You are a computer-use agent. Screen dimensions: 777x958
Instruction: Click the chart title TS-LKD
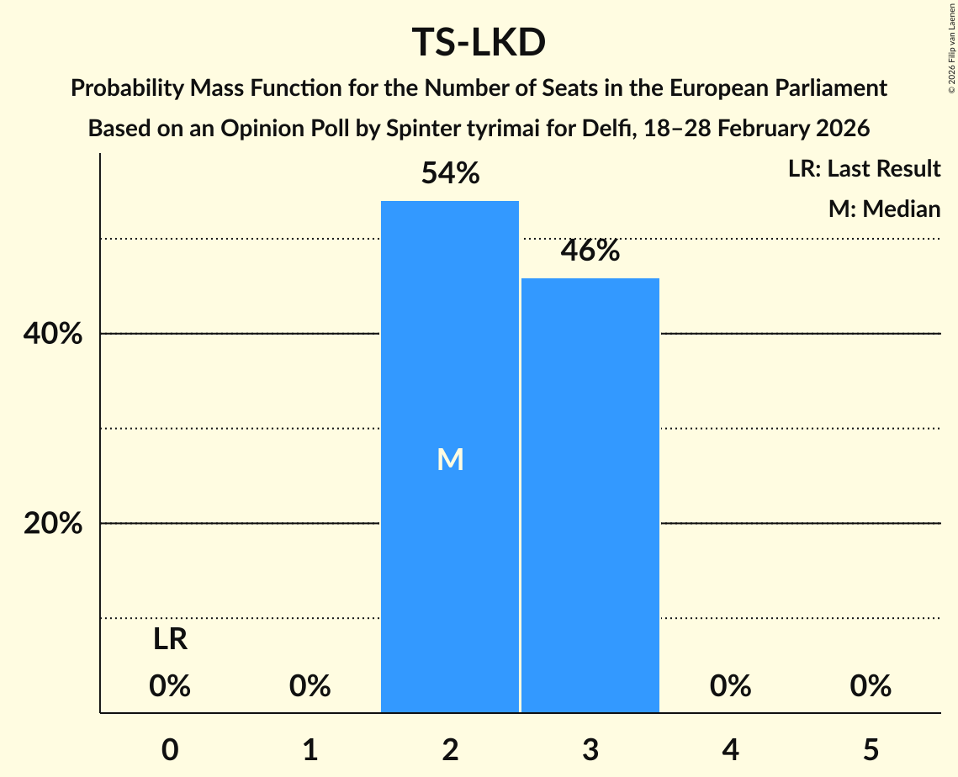[479, 43]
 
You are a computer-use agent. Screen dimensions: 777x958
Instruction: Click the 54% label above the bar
[450, 174]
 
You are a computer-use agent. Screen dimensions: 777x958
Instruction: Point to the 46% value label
[590, 251]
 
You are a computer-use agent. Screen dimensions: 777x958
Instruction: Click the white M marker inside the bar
[450, 460]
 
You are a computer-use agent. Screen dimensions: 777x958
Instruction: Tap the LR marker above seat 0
[170, 641]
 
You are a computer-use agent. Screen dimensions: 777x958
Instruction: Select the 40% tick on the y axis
[52, 334]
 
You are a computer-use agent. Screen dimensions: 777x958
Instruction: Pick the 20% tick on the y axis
[52, 524]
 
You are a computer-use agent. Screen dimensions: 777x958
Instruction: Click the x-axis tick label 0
[170, 749]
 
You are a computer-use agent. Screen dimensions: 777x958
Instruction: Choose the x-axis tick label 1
[310, 749]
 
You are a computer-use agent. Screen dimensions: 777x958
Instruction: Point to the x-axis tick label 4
[729, 749]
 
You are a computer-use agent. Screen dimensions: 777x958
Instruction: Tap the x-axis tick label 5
[870, 749]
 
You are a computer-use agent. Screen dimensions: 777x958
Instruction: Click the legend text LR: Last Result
[864, 169]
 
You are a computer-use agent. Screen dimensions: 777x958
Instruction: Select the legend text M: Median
[884, 209]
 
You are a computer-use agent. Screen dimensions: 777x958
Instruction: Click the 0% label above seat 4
[729, 687]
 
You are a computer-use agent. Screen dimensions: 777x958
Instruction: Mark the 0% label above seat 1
[310, 687]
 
